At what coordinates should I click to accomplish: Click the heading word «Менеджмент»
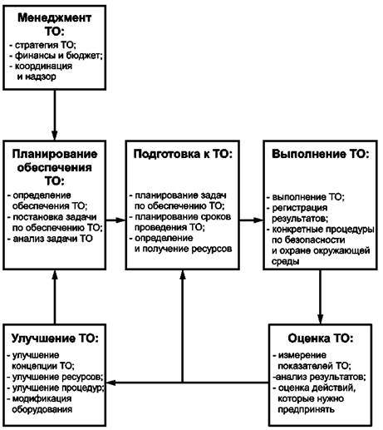click(x=55, y=17)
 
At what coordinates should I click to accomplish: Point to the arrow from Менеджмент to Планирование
click(x=55, y=115)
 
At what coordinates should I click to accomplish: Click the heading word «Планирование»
click(x=55, y=154)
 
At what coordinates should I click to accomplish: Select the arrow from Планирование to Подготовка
click(x=116, y=220)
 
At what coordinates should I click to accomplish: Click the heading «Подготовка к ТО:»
click(x=183, y=154)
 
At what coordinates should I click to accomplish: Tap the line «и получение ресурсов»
click(x=183, y=249)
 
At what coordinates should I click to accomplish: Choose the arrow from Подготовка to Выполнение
click(x=252, y=220)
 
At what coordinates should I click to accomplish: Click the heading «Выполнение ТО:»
click(x=321, y=154)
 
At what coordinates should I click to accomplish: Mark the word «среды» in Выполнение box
click(x=285, y=261)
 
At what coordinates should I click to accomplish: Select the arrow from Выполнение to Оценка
click(x=321, y=297)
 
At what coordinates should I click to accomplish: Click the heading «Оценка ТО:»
click(x=321, y=339)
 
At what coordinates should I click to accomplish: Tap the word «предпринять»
click(x=306, y=409)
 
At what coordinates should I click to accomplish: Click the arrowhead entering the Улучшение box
click(x=110, y=383)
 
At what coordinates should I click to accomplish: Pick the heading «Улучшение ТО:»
click(x=55, y=339)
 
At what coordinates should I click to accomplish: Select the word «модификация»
click(x=42, y=398)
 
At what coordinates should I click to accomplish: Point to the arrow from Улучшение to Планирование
click(x=55, y=297)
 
